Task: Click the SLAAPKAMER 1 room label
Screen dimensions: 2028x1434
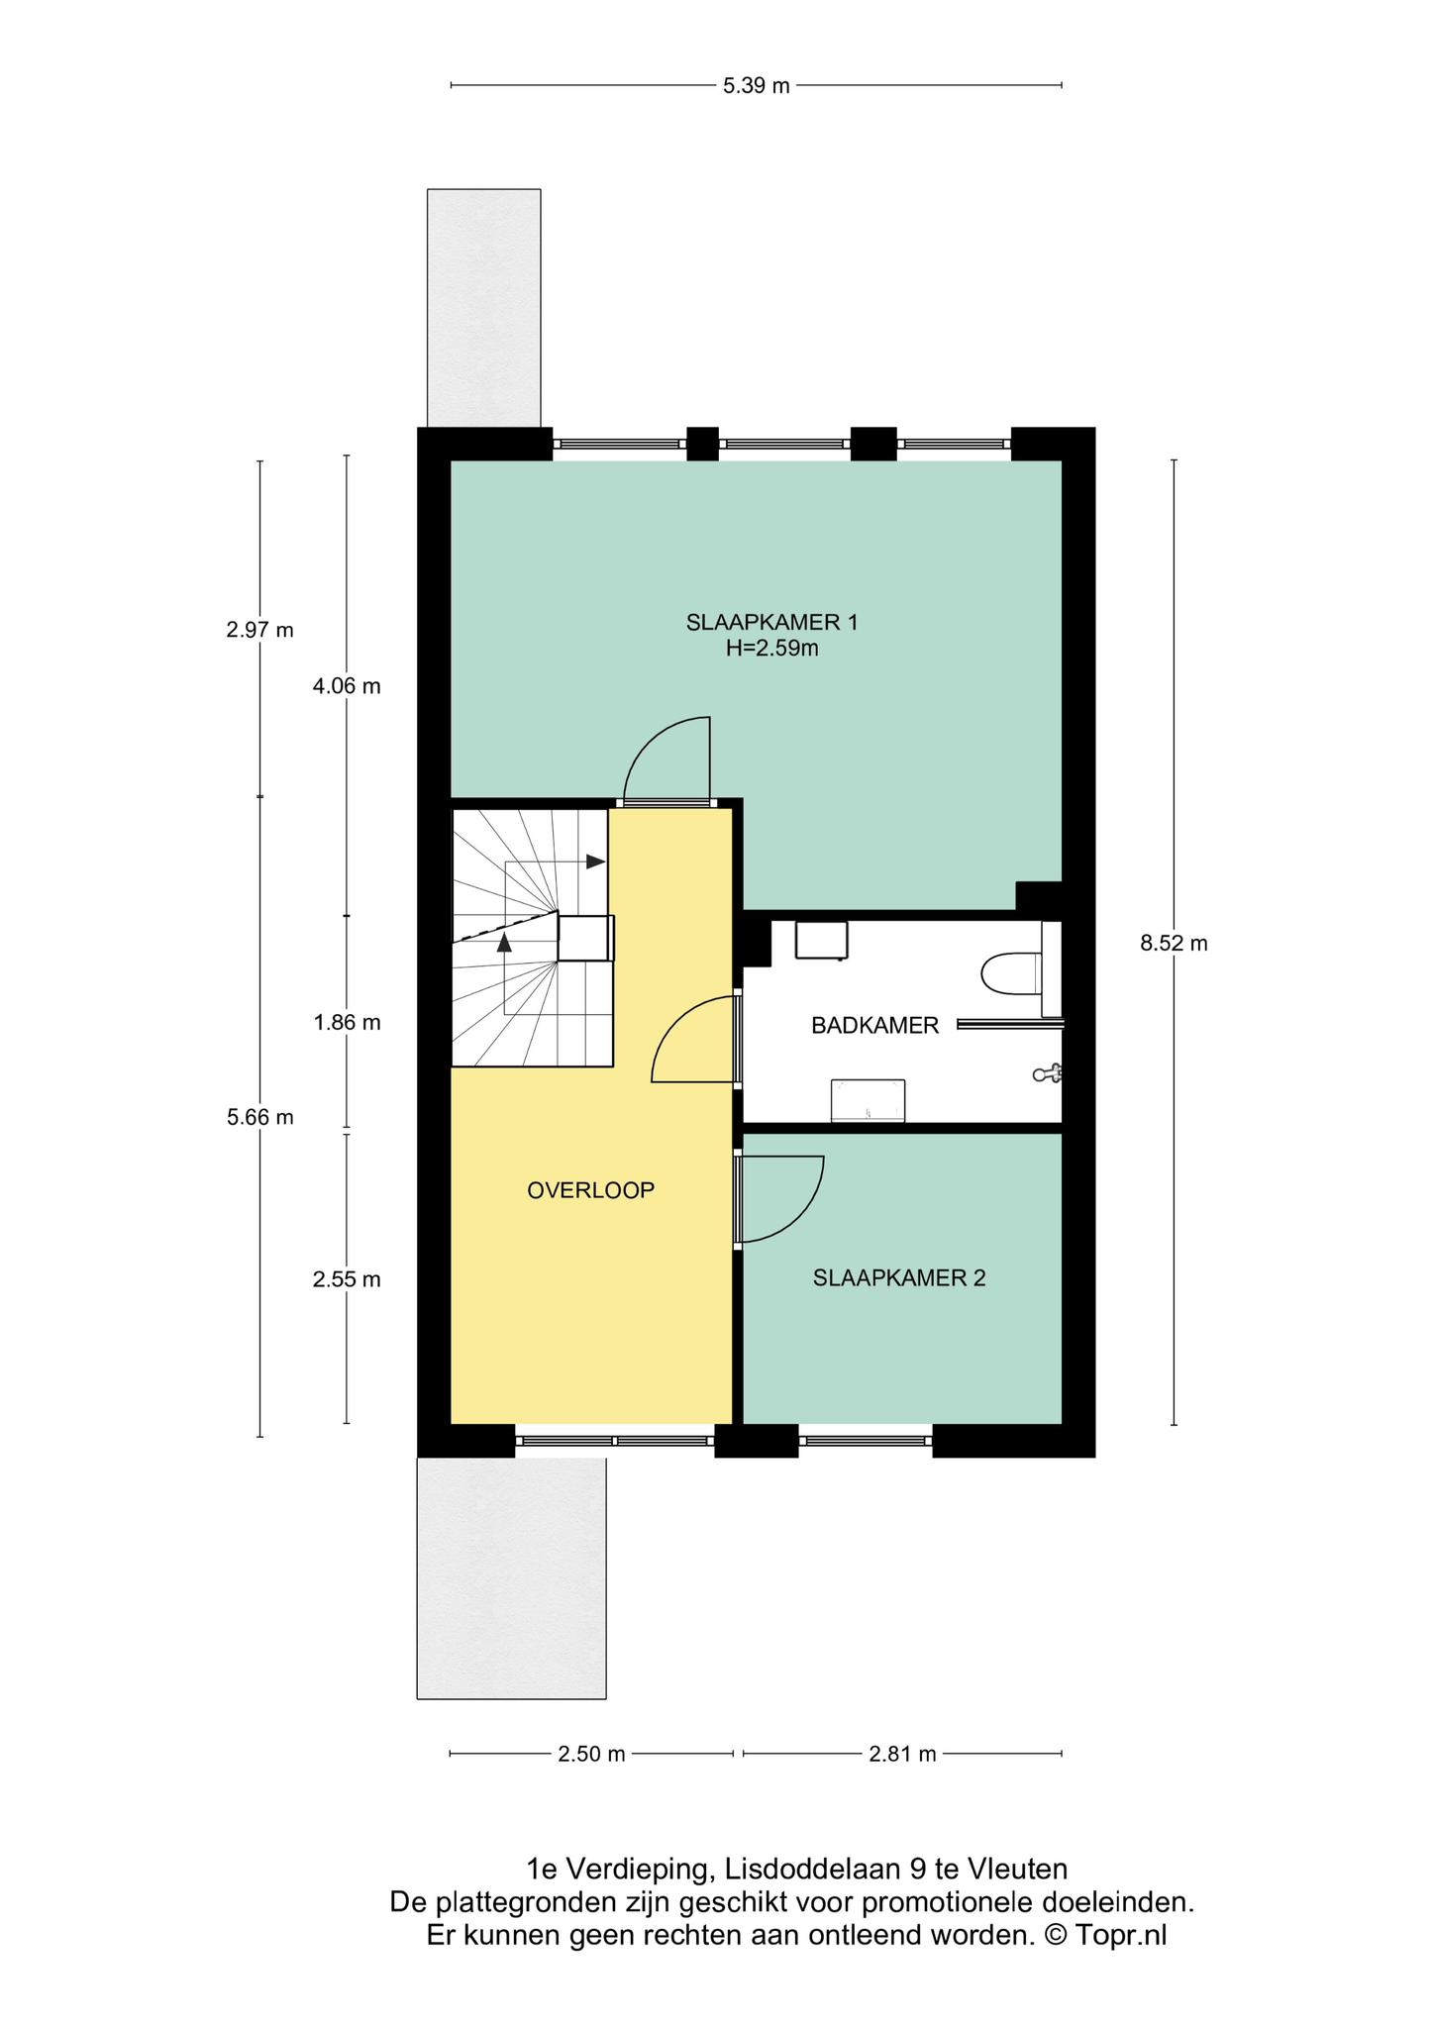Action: [x=771, y=623]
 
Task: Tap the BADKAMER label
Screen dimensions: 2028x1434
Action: [x=874, y=1026]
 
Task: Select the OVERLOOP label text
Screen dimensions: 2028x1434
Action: [x=590, y=1190]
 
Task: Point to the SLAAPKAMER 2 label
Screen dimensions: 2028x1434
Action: [x=899, y=1278]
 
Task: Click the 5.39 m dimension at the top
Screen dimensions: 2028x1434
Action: [x=757, y=85]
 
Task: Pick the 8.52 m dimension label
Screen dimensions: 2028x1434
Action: [x=1174, y=944]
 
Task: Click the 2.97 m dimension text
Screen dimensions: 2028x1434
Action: [x=259, y=630]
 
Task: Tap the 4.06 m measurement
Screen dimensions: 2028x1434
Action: [x=347, y=686]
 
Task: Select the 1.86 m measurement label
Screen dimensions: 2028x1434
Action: [x=347, y=1023]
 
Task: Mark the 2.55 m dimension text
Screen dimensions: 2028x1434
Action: [x=347, y=1279]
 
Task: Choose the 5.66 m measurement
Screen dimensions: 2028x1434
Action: [x=259, y=1117]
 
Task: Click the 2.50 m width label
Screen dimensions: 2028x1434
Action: [x=591, y=1755]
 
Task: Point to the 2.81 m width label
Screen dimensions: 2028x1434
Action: [x=902, y=1755]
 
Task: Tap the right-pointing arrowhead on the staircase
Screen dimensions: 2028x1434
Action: [x=595, y=862]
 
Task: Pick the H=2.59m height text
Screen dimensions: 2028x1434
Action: [x=771, y=650]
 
